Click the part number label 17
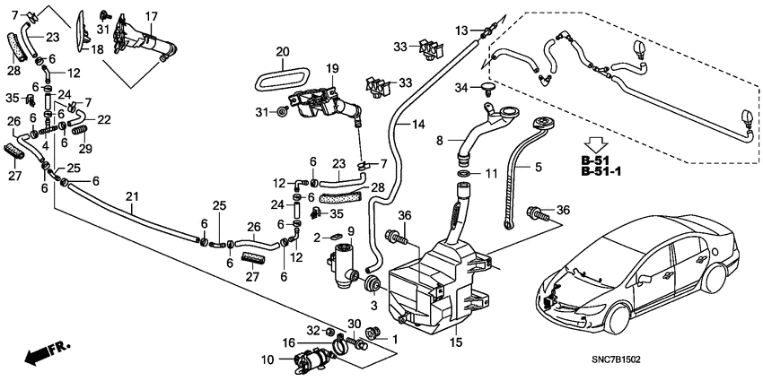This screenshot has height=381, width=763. [x=151, y=17]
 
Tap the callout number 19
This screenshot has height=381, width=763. [x=331, y=68]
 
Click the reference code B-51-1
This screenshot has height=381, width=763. [x=601, y=171]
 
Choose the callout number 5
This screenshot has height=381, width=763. [x=539, y=167]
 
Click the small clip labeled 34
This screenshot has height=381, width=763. [x=488, y=88]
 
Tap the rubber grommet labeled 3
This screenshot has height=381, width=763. [x=370, y=285]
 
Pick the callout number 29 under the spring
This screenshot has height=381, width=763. [x=85, y=148]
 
